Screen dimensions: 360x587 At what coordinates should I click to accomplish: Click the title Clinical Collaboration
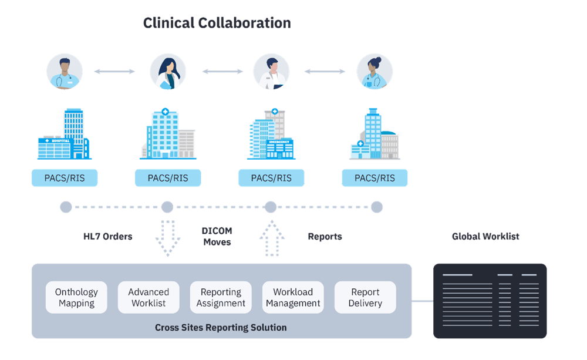(217, 23)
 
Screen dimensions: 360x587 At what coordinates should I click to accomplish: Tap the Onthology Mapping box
(76, 298)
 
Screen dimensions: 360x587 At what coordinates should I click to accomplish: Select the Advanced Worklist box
(149, 298)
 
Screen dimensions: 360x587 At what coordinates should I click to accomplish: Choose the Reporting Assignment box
(221, 298)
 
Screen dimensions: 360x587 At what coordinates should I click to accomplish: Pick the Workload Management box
(293, 298)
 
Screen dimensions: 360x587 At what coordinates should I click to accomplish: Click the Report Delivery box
(365, 298)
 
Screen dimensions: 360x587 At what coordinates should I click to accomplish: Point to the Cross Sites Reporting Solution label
(221, 328)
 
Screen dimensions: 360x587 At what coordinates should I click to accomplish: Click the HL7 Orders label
(107, 237)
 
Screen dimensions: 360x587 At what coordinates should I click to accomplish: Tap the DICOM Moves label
(217, 237)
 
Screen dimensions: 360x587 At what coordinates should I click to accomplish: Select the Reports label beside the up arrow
(325, 237)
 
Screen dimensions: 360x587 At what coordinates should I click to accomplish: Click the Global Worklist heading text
(485, 237)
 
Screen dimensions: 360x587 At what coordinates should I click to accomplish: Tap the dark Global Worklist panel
(490, 301)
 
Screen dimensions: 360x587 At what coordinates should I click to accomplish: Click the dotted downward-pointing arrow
(167, 237)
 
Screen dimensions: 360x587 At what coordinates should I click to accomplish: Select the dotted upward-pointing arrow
(271, 237)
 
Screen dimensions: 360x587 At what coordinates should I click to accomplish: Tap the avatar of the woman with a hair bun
(375, 72)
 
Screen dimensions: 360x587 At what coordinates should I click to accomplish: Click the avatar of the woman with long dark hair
(168, 72)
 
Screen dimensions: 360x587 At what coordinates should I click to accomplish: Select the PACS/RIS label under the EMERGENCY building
(271, 178)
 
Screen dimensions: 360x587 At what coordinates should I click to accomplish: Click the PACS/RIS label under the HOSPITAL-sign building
(65, 178)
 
